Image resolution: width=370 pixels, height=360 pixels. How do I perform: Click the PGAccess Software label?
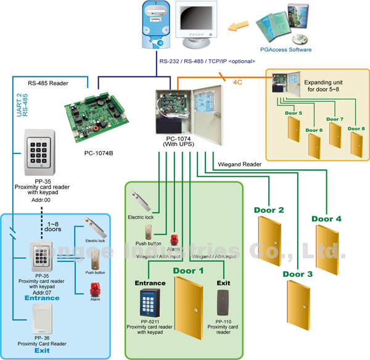tap(286, 49)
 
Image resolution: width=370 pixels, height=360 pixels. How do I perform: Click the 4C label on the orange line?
tap(240, 80)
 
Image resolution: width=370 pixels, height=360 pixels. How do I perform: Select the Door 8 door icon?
tap(356, 145)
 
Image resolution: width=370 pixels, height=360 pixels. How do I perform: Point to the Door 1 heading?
tap(189, 270)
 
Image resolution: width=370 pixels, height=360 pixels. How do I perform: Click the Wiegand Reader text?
tap(239, 165)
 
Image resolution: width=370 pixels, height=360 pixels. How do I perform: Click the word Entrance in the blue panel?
tap(42, 298)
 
